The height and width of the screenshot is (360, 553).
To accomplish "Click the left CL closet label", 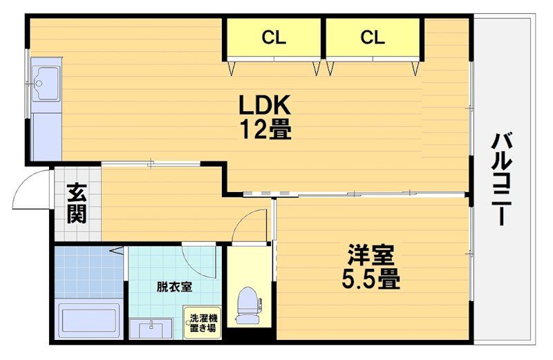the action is pos(274,37).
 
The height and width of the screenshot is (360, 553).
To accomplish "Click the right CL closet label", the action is pos(373,37).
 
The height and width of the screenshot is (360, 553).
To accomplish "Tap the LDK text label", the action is pos(265,105).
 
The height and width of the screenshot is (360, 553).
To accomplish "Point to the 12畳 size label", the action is pos(266,129).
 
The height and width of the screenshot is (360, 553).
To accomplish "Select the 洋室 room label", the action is pos(371,254).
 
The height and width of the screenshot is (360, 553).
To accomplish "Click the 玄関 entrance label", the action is pos(77,203).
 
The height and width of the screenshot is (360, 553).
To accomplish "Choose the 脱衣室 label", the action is pos(175,287).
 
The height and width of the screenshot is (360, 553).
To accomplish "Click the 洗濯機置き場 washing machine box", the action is pos(203,323).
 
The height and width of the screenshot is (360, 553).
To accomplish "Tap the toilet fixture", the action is pos(248,305).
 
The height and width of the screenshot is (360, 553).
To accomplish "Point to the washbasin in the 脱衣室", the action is pos(151,329).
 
